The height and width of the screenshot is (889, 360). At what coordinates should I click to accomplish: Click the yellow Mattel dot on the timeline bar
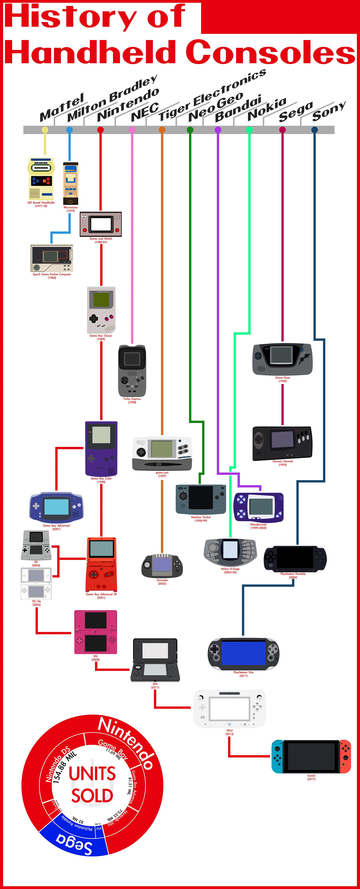tap(45, 130)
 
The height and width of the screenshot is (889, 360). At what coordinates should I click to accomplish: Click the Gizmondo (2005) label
tap(162, 582)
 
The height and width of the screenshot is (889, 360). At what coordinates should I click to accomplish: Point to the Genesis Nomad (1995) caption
tap(282, 463)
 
